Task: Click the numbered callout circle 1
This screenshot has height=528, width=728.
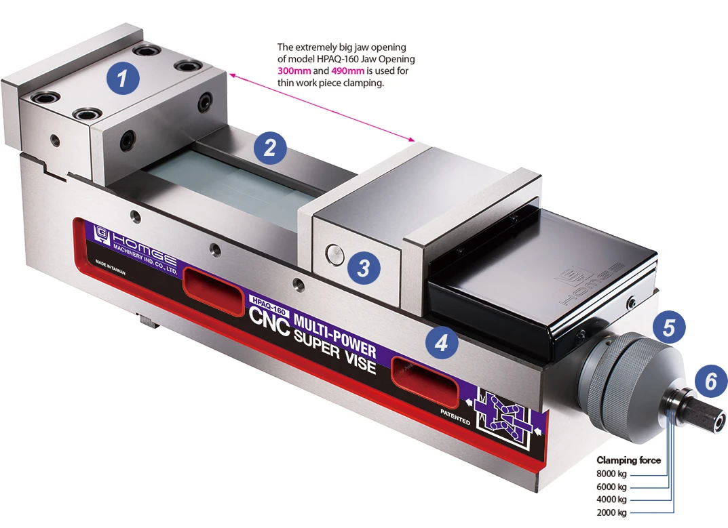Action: coord(123,77)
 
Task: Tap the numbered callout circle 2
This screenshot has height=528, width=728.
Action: coord(270,148)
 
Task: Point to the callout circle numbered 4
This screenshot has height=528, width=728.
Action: coord(442,343)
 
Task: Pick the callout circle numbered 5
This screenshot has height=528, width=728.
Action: coord(668,327)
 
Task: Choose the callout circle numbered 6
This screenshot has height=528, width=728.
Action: coord(711,382)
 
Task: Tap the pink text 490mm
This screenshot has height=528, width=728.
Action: coord(348,71)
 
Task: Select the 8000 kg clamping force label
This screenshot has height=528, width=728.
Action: coord(611,474)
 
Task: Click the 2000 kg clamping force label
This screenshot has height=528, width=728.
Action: coord(611,512)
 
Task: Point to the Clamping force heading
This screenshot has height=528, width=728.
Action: coord(629,460)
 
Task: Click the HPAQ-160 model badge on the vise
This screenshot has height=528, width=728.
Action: coord(268,304)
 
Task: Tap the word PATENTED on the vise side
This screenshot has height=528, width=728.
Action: coord(455,418)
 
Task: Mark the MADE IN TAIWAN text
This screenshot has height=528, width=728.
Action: coord(110,268)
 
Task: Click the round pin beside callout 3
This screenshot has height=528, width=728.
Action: coord(334,253)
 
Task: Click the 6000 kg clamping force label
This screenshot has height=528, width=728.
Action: coord(611,487)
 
